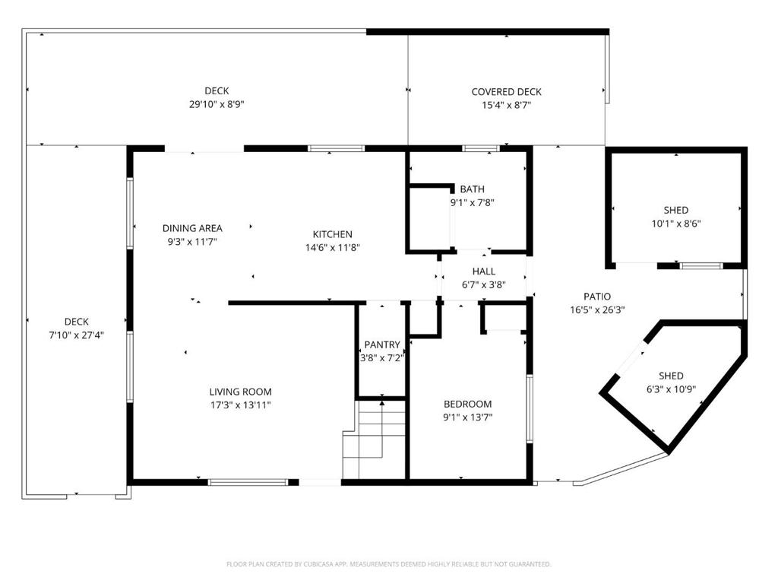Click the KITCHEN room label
coord(333,234)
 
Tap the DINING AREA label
coord(192,228)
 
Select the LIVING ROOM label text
coord(241,392)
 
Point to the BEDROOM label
coord(468,405)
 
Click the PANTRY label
coord(382,344)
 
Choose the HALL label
coord(484,271)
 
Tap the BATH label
coord(473,189)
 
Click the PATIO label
coord(597,297)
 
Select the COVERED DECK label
coord(507,92)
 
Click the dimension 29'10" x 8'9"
coord(217,104)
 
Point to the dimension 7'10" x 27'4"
coord(77,335)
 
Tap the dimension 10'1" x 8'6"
coord(676,224)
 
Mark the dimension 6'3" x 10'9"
coord(672,389)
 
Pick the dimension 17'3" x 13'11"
coord(241,405)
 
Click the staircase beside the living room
coord(375,439)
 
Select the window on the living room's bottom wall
coord(248,482)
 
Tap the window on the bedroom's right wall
coord(530,408)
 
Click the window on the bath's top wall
coord(480,148)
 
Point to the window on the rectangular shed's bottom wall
coord(701,266)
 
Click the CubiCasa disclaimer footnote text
coord(388,564)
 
